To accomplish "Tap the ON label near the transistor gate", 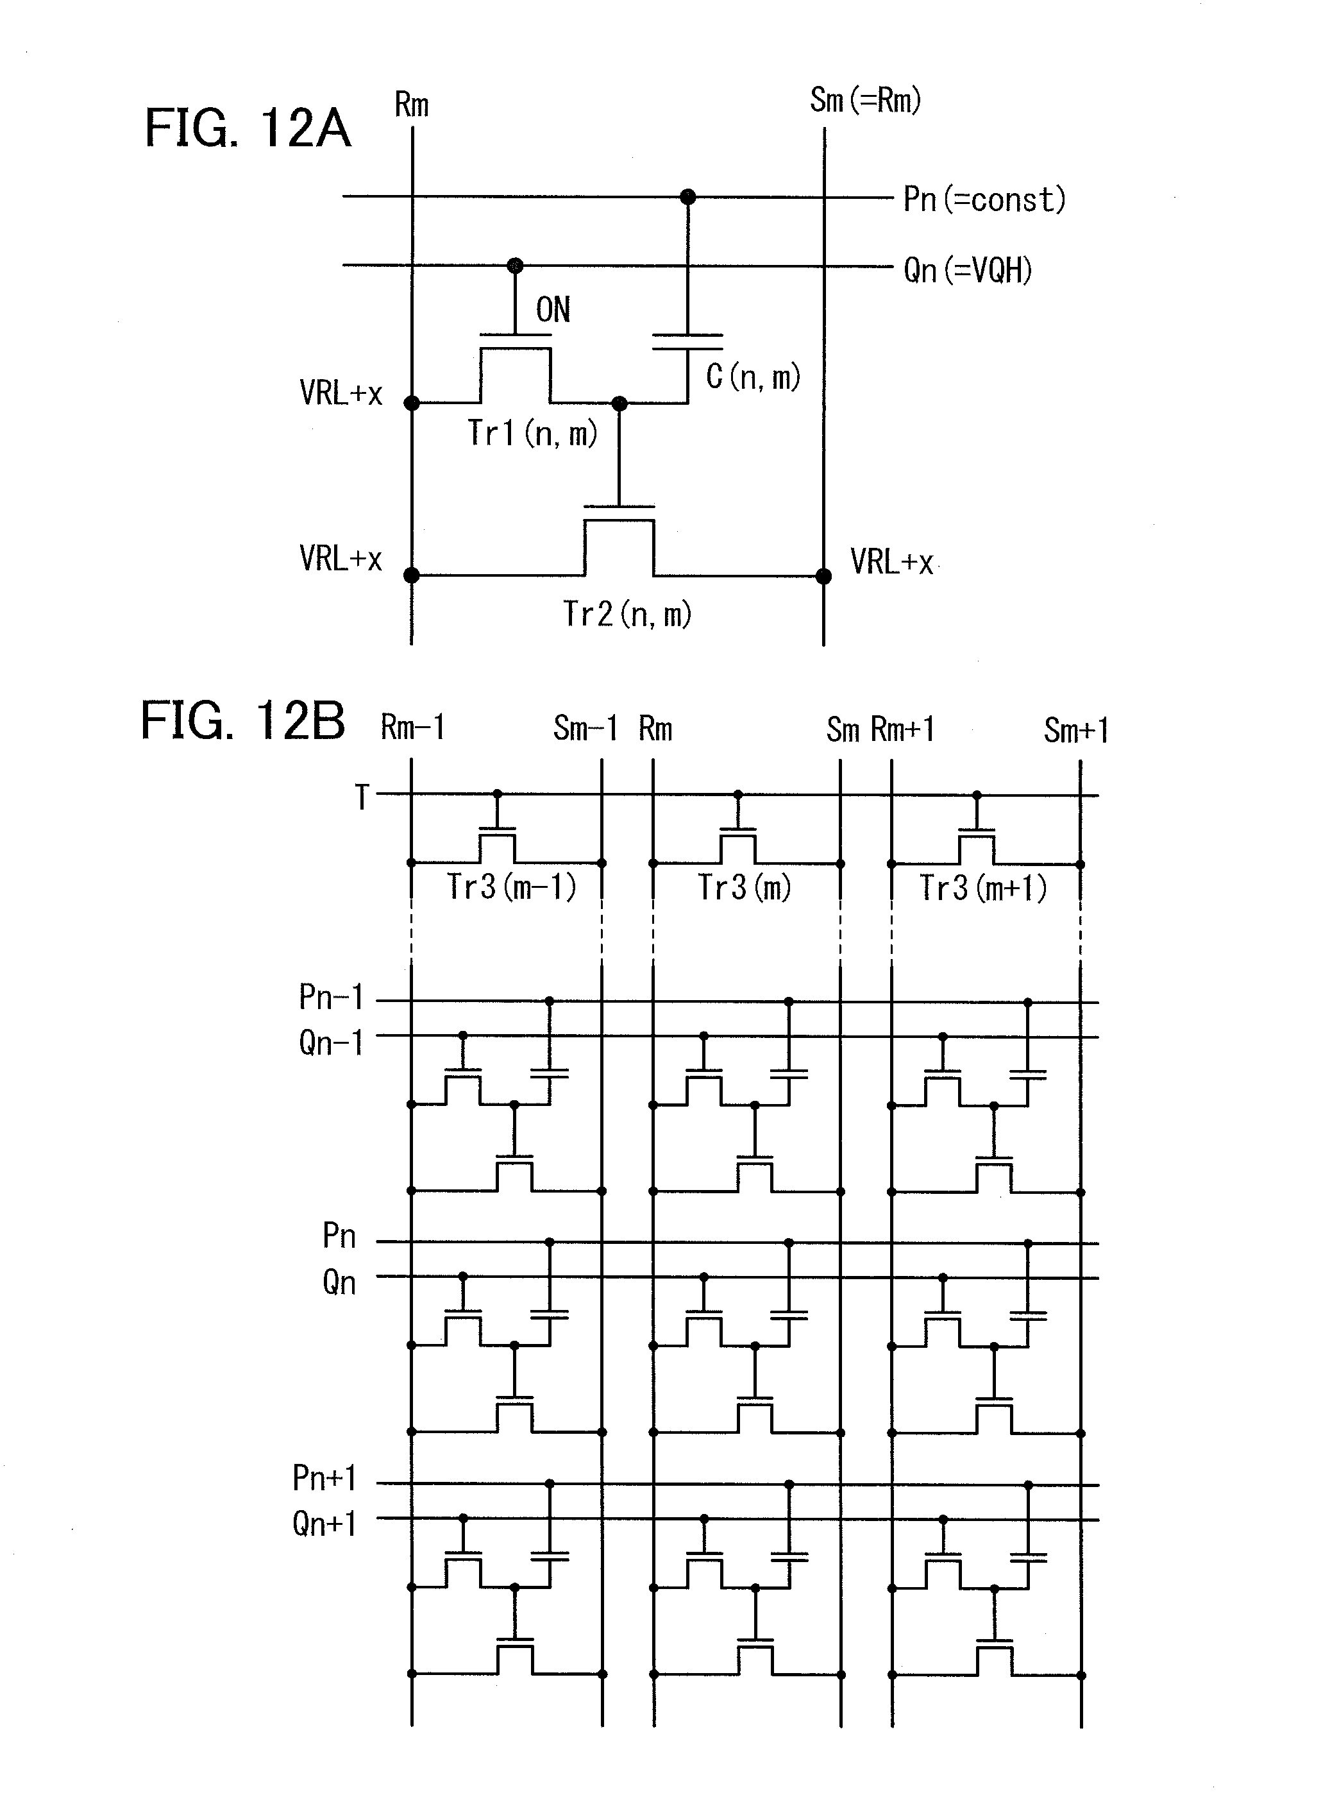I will (553, 310).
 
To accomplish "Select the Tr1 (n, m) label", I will (532, 433).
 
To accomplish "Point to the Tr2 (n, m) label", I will (627, 614).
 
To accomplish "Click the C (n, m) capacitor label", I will (753, 376).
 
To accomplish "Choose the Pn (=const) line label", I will (984, 200).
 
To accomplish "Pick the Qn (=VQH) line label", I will (968, 270).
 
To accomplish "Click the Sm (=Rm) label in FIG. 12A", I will (865, 101).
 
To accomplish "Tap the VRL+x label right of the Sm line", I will (891, 562).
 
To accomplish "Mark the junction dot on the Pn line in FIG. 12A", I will (687, 197).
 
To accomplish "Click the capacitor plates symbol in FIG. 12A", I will (687, 342).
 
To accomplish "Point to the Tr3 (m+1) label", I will (982, 888).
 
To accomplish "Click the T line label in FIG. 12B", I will (362, 797).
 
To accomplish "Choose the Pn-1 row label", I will (331, 997).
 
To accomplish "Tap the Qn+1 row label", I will (324, 1524).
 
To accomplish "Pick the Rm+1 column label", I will (903, 729).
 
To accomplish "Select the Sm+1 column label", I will (1075, 731).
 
